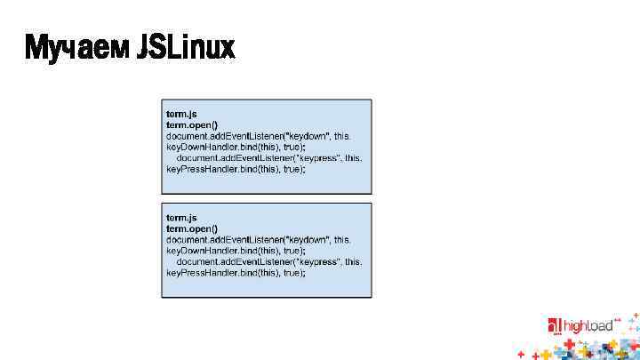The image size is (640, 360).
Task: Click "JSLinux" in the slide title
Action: tap(186, 47)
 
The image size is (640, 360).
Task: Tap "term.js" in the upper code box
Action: tap(181, 115)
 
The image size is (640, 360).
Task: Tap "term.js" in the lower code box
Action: tap(181, 218)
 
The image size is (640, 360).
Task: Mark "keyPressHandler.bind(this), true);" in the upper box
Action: tap(236, 169)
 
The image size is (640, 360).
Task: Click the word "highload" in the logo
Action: tap(587, 326)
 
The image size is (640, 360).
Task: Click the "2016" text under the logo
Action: tap(557, 336)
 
